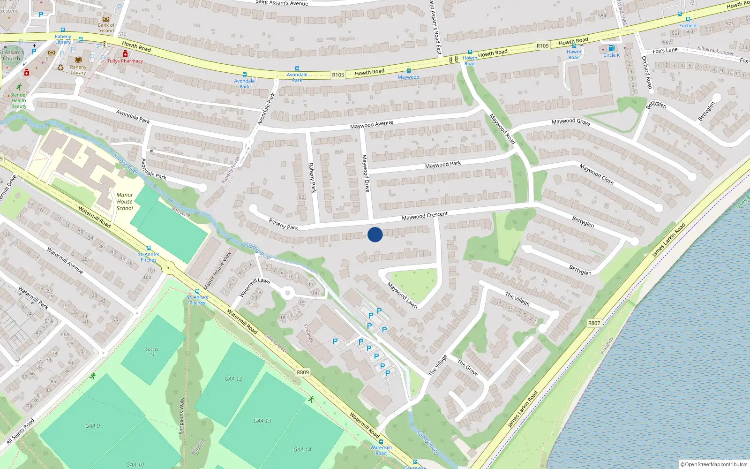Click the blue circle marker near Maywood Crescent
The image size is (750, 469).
click(x=375, y=234)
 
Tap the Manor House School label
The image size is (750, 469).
click(x=125, y=202)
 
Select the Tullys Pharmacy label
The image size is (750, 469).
click(x=125, y=61)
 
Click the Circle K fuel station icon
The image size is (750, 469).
click(x=611, y=48)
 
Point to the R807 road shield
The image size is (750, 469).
click(x=594, y=323)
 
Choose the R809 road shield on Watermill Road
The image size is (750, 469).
click(x=303, y=372)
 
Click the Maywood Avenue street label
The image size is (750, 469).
click(x=371, y=124)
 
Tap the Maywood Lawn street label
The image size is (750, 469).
click(x=402, y=295)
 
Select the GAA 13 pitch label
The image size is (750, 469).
click(x=262, y=421)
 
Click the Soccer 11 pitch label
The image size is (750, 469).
click(x=152, y=352)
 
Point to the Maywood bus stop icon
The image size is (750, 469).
click(x=408, y=71)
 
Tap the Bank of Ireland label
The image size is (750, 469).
click(x=106, y=28)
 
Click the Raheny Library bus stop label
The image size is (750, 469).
click(x=63, y=39)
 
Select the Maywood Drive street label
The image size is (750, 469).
click(x=366, y=174)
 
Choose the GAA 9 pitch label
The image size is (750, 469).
click(x=92, y=426)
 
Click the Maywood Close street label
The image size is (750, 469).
click(x=596, y=174)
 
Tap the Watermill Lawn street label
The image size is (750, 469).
click(x=255, y=287)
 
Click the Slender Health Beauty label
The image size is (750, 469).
click(x=19, y=100)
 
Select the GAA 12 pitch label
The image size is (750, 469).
click(x=233, y=378)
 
